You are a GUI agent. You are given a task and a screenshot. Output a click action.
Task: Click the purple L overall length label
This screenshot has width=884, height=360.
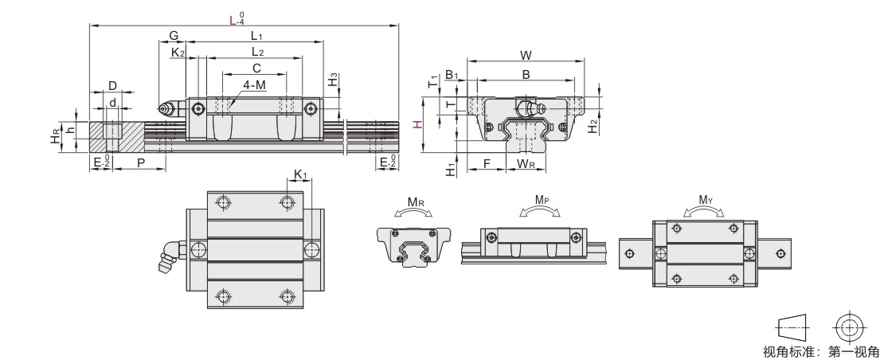pyautogui.click(x=233, y=21)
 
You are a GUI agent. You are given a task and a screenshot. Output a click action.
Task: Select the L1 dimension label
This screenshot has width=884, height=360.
pyautogui.click(x=257, y=36)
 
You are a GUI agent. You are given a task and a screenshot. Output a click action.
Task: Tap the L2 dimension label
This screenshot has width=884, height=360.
pyautogui.click(x=258, y=52)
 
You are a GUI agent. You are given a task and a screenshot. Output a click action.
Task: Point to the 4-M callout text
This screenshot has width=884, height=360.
pyautogui.click(x=254, y=84)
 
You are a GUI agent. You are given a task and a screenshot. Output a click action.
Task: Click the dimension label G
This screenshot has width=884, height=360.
pyautogui.click(x=174, y=36)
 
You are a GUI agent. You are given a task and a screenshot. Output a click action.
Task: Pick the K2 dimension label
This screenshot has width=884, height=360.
pyautogui.click(x=178, y=53)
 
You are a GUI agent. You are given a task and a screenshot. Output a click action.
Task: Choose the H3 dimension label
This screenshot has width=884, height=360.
pyautogui.click(x=333, y=80)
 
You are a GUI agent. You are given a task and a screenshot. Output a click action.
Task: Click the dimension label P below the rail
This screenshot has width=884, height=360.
pyautogui.click(x=140, y=162)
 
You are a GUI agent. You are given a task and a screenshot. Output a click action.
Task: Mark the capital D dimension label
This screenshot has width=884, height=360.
pyautogui.click(x=112, y=86)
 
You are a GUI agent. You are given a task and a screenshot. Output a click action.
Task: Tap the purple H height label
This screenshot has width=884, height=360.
pyautogui.click(x=417, y=124)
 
